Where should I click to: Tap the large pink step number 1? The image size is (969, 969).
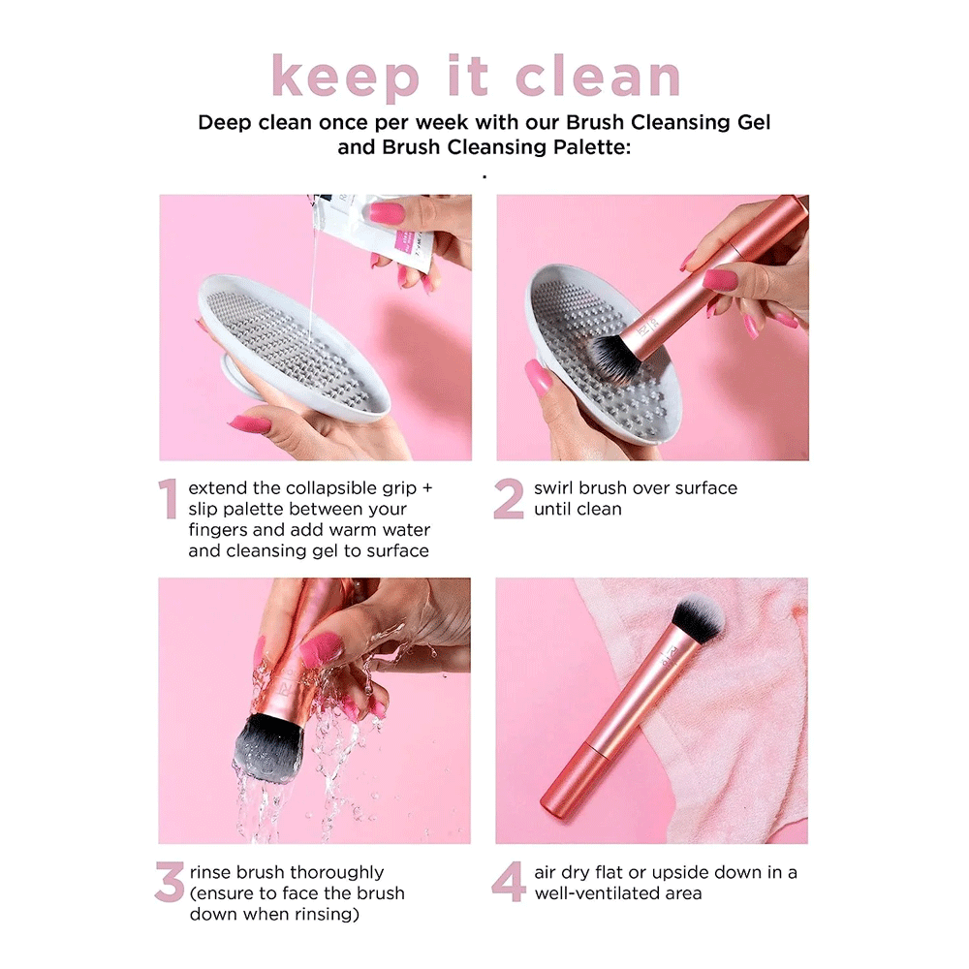(x=169, y=499)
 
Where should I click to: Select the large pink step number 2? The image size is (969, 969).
(x=509, y=499)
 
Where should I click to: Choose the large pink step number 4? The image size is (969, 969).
(x=509, y=882)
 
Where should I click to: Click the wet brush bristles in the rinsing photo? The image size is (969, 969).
(x=267, y=747)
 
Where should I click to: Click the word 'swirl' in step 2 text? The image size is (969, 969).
(x=556, y=488)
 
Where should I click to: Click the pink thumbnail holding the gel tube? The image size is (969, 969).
(x=387, y=213)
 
